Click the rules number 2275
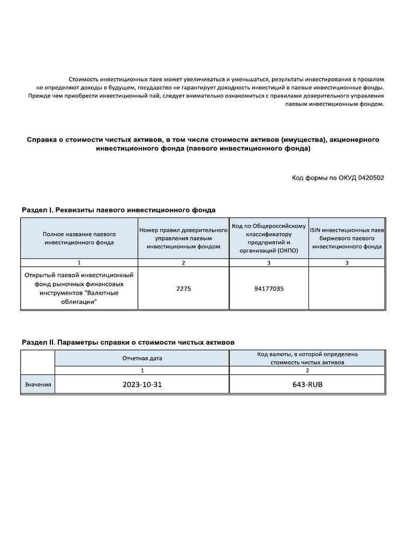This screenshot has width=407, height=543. tap(183, 288)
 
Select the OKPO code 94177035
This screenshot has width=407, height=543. tap(269, 288)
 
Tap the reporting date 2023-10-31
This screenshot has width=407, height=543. tap(141, 384)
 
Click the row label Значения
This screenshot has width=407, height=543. tap(38, 384)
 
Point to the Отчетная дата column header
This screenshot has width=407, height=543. tap(141, 358)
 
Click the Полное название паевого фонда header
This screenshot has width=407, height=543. tap(79, 238)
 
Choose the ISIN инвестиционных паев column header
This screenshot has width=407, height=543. tap(347, 238)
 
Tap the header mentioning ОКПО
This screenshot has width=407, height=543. tap(269, 238)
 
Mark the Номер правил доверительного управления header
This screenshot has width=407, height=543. tap(183, 238)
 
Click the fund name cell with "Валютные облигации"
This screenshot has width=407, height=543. tap(79, 288)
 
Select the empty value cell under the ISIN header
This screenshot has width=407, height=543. tap(347, 288)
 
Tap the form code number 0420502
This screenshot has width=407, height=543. tap(371, 178)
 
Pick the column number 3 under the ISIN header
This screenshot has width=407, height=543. tap(347, 262)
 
